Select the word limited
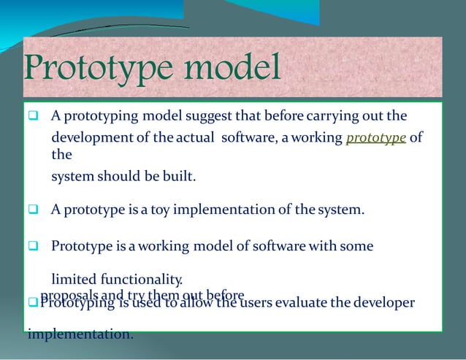pyautogui.click(x=73, y=279)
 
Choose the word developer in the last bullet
pyautogui.click(x=380, y=302)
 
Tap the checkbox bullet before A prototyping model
pyautogui.click(x=34, y=117)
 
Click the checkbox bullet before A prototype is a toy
pyautogui.click(x=34, y=211)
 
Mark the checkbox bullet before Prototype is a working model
pyautogui.click(x=34, y=247)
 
